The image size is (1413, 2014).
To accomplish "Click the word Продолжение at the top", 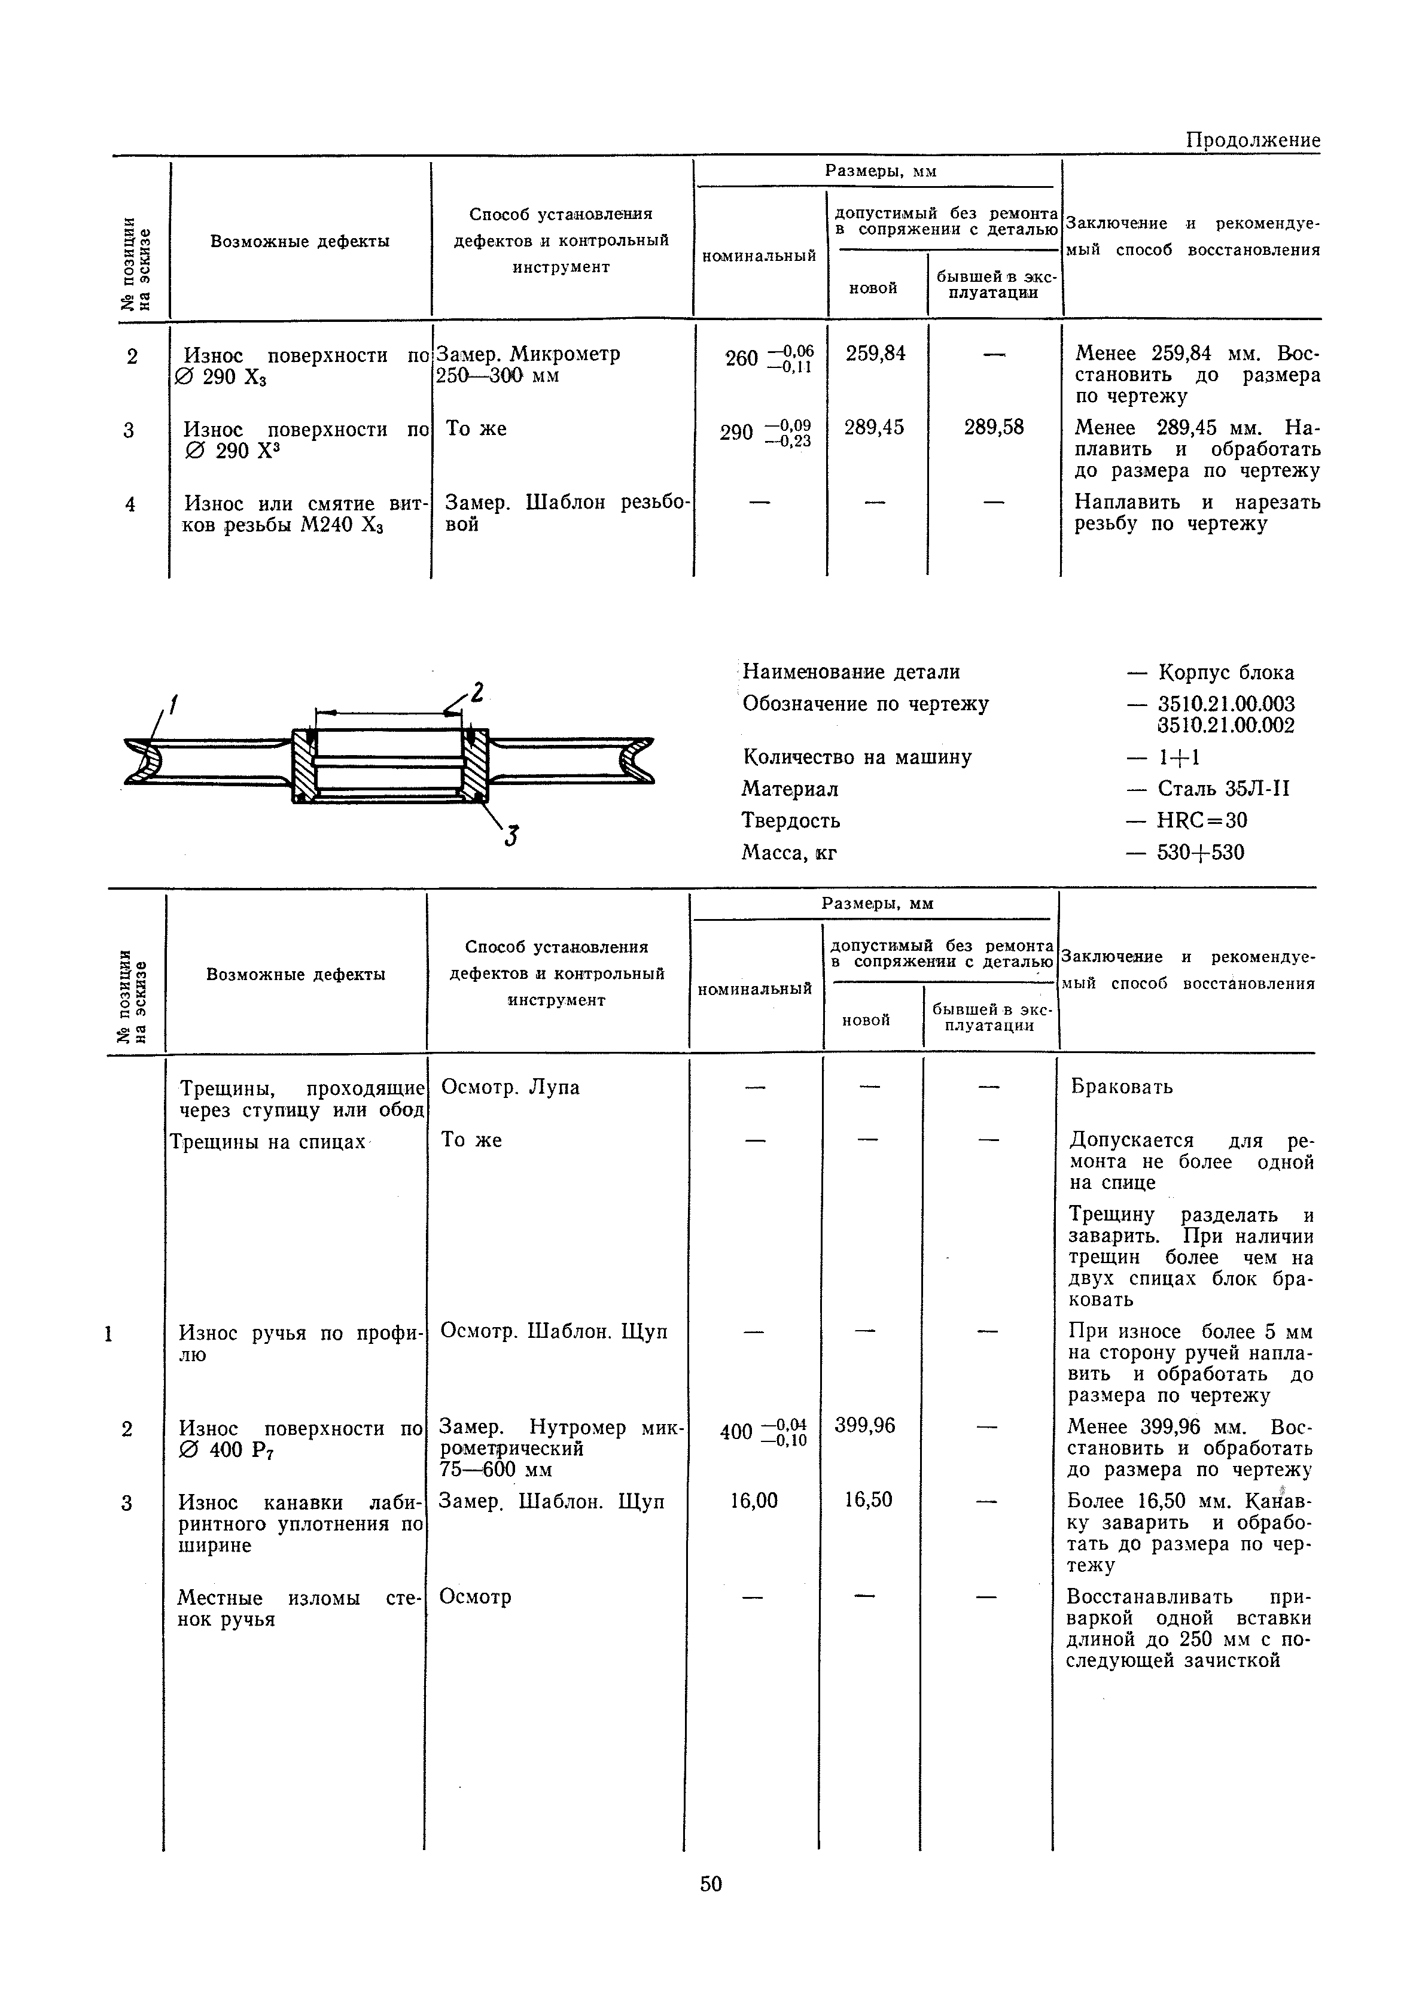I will click(x=1253, y=141).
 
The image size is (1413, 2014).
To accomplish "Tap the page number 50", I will click(x=711, y=1884).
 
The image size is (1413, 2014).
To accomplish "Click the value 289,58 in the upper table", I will click(x=994, y=428).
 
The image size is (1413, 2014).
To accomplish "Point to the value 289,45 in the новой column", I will click(x=873, y=428).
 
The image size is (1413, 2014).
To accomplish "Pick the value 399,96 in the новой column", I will click(x=865, y=1425).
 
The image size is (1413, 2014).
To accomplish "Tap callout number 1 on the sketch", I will click(x=173, y=704).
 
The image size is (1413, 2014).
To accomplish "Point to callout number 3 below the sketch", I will click(x=511, y=838).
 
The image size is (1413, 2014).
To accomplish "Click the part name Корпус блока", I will click(x=1225, y=673).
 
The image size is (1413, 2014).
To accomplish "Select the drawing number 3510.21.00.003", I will click(x=1225, y=704).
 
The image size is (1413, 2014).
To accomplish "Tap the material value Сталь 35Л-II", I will click(x=1223, y=789).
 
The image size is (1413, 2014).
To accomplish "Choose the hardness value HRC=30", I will click(x=1202, y=820).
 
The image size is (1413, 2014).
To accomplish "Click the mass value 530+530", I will click(x=1201, y=853).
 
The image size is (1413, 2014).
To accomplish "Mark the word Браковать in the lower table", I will click(x=1122, y=1087).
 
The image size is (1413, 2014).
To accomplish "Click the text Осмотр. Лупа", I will click(x=510, y=1087).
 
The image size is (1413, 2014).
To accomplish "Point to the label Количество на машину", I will click(x=857, y=757).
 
